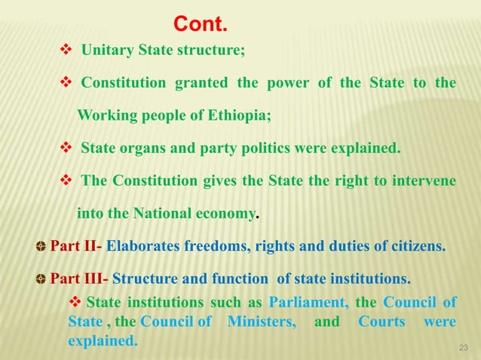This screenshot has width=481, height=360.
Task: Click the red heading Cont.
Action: click(x=200, y=25)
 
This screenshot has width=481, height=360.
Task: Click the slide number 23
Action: click(x=464, y=346)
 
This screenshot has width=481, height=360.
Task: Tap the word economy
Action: click(x=225, y=213)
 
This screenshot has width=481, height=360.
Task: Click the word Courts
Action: click(x=383, y=322)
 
